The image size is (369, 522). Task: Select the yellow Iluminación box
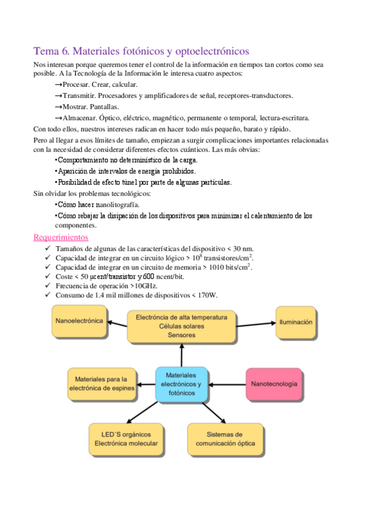coord(296,322)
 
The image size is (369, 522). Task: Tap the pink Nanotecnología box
coord(274,384)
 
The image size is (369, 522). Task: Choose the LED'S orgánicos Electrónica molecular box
coord(126,438)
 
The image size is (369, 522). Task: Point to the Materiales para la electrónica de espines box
coord(101,383)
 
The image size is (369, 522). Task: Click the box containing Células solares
coord(181,326)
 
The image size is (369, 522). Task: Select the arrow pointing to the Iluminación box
coord(255,322)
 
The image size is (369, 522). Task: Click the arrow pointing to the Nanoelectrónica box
coord(118,322)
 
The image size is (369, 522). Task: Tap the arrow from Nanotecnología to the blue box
coord(227,384)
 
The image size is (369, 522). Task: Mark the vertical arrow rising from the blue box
coord(182,355)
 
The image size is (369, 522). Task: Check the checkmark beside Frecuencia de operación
coord(48,286)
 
